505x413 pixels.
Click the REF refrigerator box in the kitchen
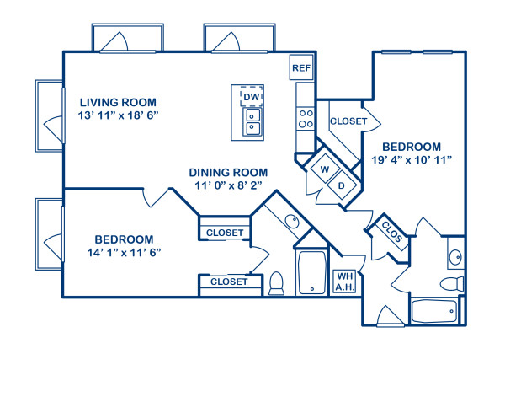point(300,67)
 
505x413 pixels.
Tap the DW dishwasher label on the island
point(251,98)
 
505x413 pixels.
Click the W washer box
point(323,169)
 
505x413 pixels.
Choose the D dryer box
point(342,185)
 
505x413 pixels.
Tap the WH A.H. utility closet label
point(344,281)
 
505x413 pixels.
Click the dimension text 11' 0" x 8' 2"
point(229,187)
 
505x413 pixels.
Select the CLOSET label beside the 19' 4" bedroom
point(348,121)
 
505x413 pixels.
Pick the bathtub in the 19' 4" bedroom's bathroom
point(433,310)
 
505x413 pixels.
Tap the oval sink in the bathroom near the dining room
point(291,223)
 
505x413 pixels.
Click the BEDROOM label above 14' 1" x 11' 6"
point(124,239)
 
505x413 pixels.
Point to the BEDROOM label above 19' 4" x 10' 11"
point(412,145)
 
